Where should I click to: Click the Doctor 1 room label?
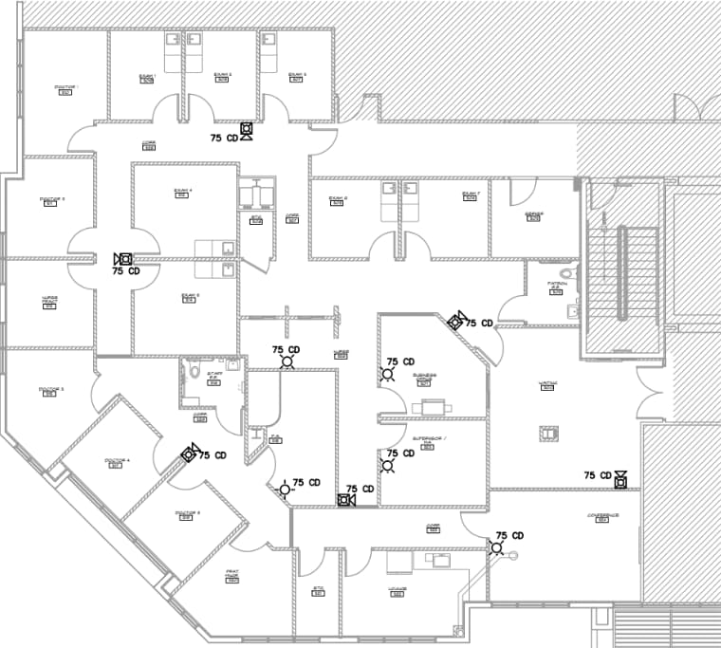tap(65, 89)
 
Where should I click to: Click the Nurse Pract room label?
tap(49, 301)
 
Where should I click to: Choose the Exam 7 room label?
tap(471, 196)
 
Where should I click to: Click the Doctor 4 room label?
tap(116, 463)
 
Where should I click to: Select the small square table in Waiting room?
tap(547, 434)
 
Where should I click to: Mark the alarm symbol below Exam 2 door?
tap(247, 131)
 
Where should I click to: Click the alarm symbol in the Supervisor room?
tap(388, 464)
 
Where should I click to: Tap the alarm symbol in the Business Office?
tap(388, 373)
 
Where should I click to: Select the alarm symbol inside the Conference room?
tap(496, 546)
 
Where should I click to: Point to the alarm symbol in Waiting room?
tap(620, 479)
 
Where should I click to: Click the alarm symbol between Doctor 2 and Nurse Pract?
tap(122, 259)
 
